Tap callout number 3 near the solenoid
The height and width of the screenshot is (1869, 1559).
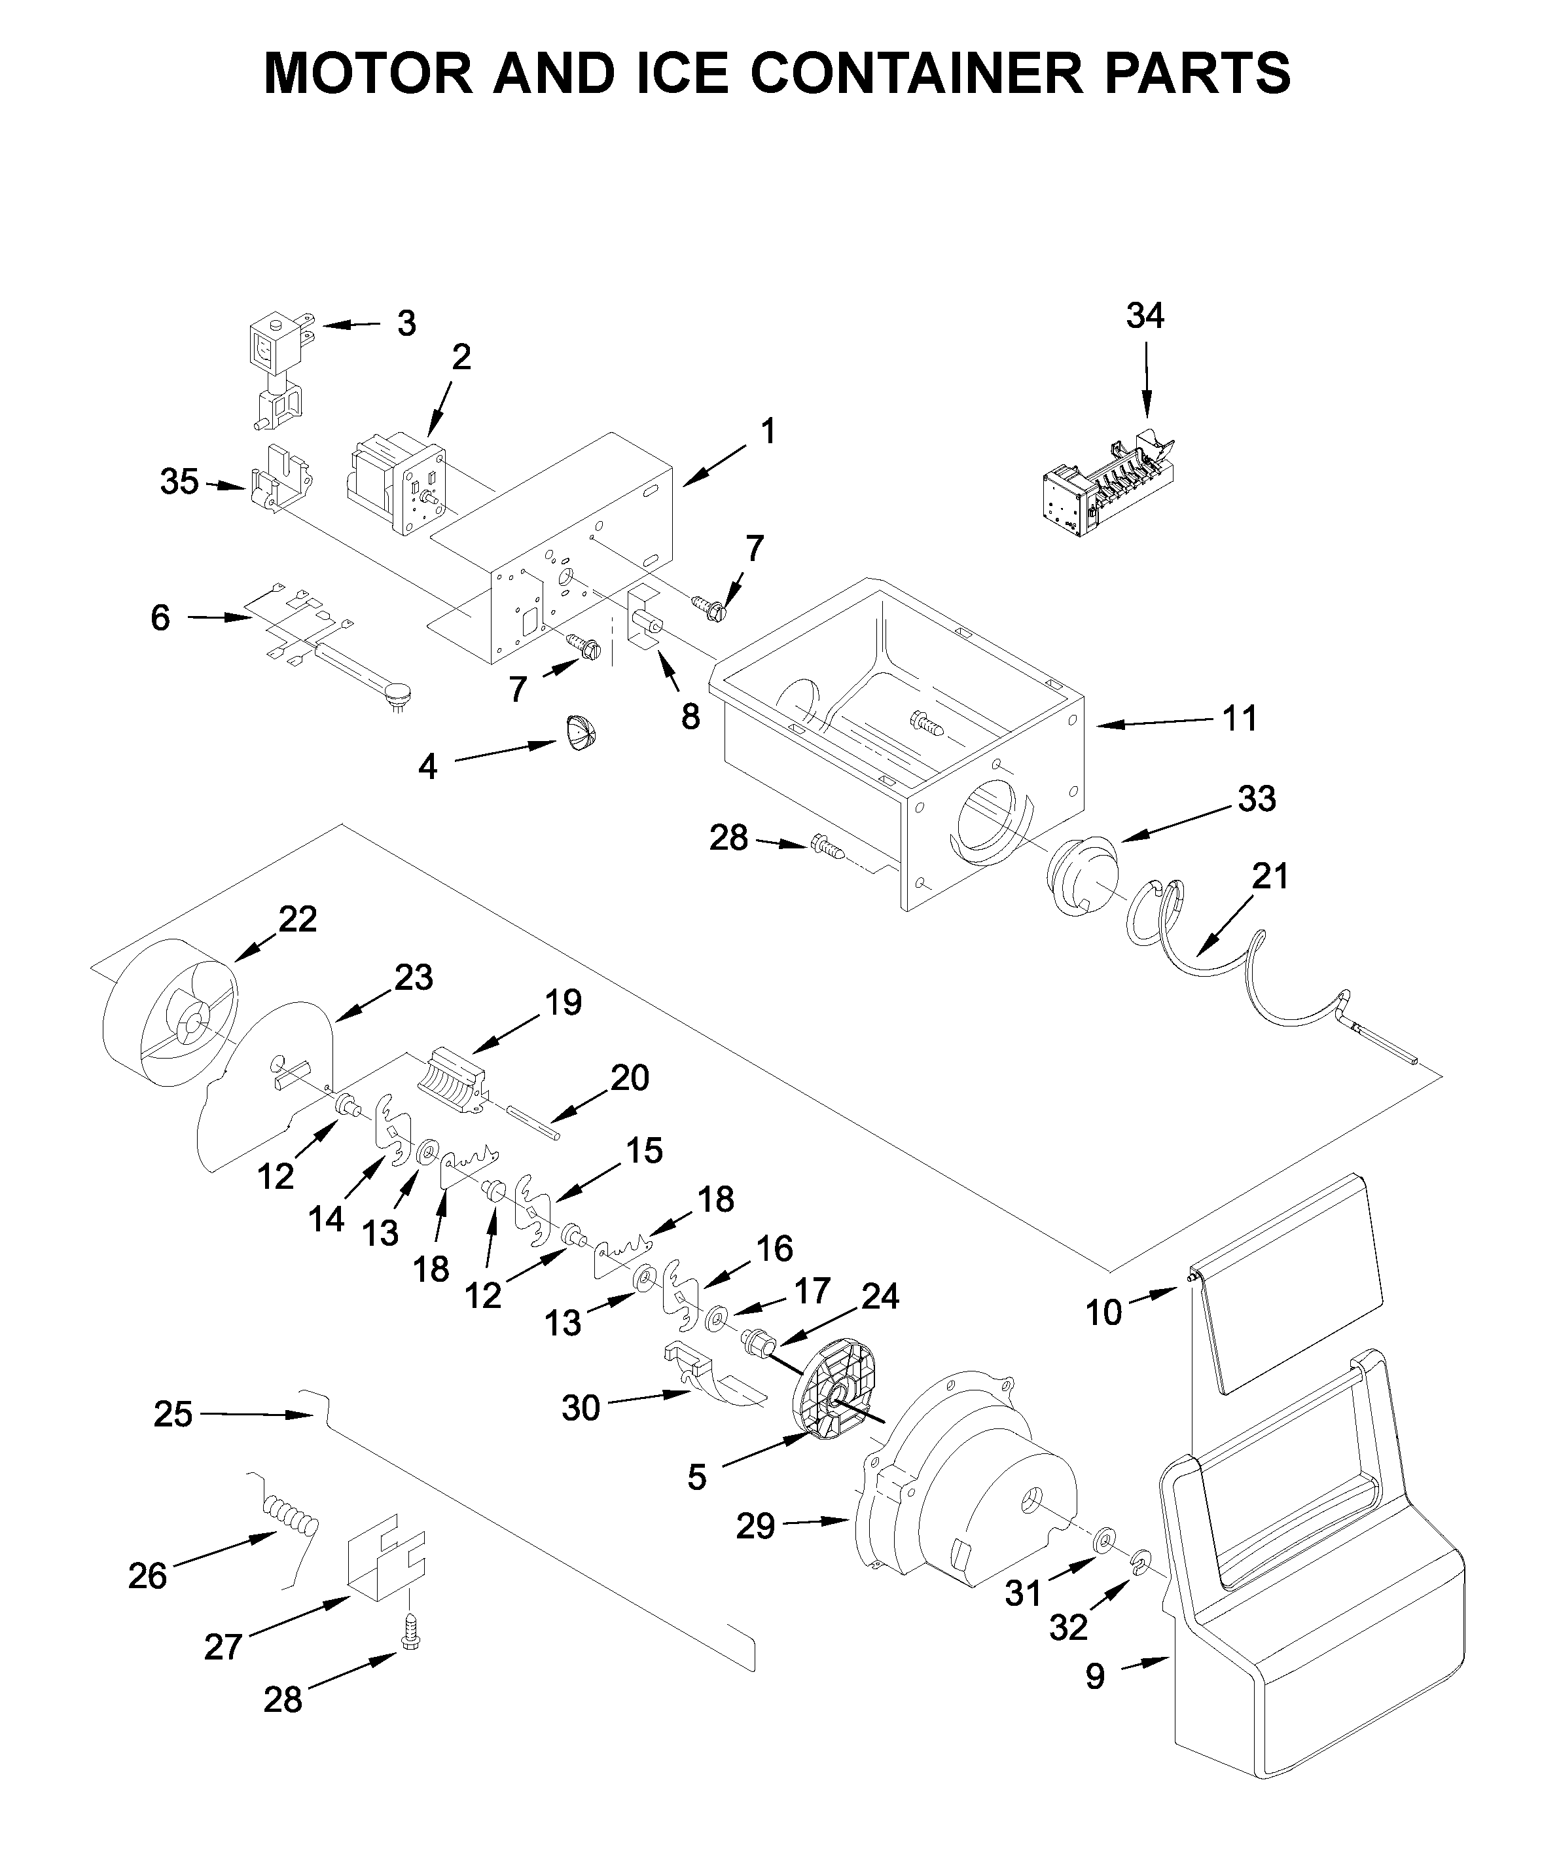coord(406,324)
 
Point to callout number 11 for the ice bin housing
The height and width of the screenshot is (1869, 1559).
coord(1240,717)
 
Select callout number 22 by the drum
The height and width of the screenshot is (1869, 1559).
coord(297,918)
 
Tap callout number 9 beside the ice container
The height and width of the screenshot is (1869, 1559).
coord(1096,1676)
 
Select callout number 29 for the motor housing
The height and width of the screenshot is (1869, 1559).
coord(755,1527)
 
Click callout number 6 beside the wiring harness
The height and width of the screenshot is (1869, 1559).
coord(160,617)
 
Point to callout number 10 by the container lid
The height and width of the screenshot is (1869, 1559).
coord(1103,1313)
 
